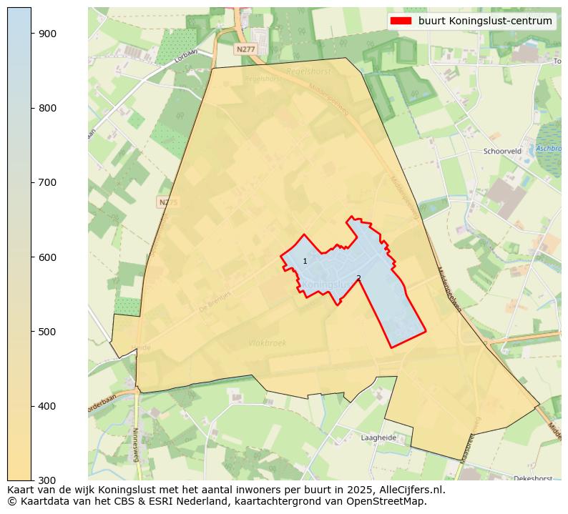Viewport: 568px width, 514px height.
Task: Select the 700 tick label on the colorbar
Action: pos(47,182)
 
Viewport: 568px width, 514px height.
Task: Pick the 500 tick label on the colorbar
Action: pos(47,332)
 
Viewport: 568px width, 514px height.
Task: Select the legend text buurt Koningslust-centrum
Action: pos(485,21)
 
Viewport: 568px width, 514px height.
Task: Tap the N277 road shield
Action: pos(245,49)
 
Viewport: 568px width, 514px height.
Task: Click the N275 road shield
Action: pos(167,202)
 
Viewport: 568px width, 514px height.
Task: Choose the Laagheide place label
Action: pos(378,438)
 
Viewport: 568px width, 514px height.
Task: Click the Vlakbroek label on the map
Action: pos(268,343)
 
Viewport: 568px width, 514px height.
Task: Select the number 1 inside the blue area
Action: pos(305,262)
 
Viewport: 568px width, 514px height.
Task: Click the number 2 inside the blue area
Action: pos(358,278)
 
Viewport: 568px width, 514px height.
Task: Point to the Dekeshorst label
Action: pos(532,478)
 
